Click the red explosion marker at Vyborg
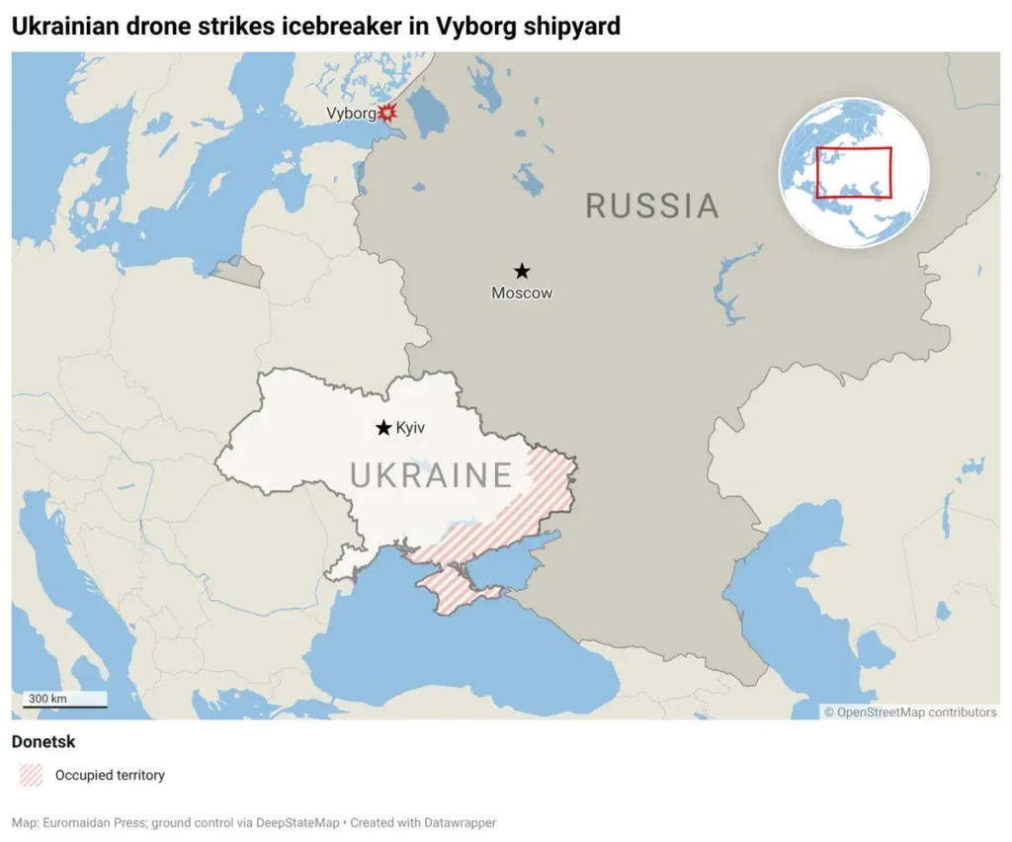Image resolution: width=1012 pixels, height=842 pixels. click(387, 113)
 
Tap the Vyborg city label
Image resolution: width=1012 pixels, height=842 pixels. click(351, 114)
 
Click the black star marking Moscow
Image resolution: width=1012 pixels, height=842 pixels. click(522, 271)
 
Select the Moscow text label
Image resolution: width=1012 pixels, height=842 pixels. click(522, 293)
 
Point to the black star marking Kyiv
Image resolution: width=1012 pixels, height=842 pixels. click(383, 428)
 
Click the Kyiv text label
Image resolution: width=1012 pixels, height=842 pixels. click(410, 428)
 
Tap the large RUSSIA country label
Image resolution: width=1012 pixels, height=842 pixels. click(652, 206)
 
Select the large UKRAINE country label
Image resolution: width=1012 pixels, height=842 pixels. click(432, 475)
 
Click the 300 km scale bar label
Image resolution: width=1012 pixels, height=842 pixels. click(47, 699)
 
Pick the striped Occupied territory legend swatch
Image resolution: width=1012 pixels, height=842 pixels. click(32, 775)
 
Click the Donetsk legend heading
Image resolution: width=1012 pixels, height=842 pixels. click(43, 741)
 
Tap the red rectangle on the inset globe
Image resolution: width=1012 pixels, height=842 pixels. click(854, 173)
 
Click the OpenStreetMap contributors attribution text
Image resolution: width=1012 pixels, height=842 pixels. click(910, 712)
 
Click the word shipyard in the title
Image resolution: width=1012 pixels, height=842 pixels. click(570, 26)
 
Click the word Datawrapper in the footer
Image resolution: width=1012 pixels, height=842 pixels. click(461, 822)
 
